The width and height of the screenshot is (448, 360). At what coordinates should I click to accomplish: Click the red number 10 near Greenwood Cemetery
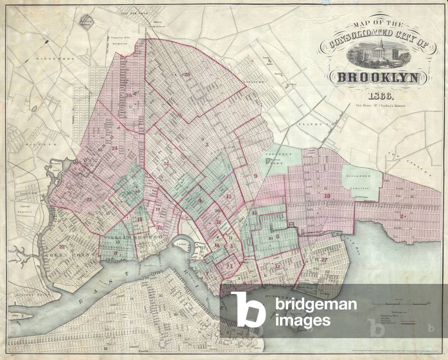click(x=327, y=196)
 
